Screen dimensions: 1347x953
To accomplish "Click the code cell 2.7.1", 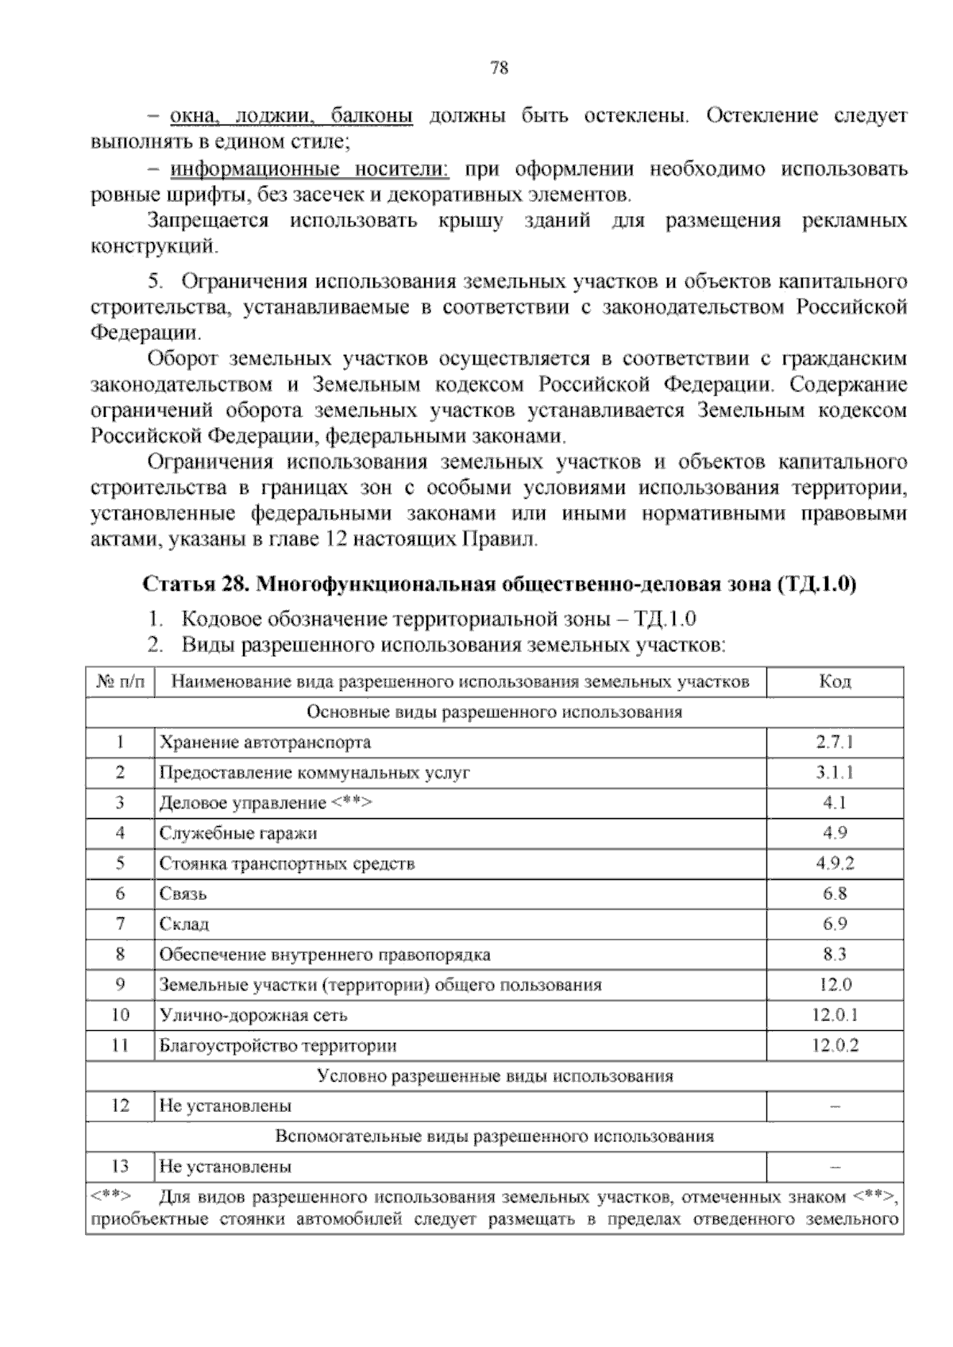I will coord(834,743).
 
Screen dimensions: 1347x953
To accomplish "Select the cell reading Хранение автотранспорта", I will coord(265,743).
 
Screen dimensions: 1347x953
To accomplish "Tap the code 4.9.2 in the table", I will coord(835,863).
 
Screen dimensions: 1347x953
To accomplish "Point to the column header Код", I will coord(835,681).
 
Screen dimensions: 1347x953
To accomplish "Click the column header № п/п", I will coord(121,681).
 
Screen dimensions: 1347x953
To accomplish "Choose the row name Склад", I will coord(184,924).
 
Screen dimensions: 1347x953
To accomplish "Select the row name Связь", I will coord(183,893).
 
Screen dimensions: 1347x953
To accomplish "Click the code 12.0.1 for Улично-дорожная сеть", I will coord(835,1015).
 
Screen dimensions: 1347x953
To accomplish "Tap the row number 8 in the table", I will coord(121,954).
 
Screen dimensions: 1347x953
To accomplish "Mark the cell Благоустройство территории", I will coord(278,1045).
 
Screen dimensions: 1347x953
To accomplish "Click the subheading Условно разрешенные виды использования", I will coord(495,1076).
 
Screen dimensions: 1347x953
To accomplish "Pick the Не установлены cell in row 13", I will coord(226,1167).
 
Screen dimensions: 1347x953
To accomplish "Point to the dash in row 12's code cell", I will coord(835,1106).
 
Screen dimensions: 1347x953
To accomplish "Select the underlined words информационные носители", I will coord(310,169).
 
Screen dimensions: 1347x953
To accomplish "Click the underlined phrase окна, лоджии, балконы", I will coord(291,117).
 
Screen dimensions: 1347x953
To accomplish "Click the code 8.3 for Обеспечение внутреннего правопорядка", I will coord(835,954).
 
